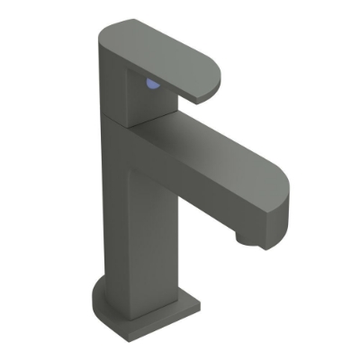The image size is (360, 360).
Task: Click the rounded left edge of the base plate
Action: [x=96, y=297]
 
